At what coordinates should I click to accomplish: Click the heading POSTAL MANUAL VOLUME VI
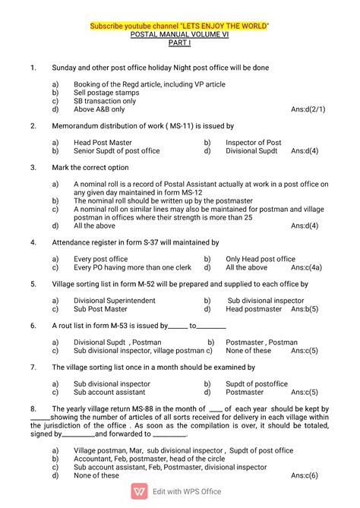(180, 35)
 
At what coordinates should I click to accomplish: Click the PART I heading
(180, 44)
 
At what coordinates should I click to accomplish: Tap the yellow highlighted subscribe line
(180, 27)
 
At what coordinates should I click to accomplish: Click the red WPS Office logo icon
(140, 493)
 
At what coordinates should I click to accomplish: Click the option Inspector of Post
(253, 143)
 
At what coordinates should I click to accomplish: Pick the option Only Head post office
(261, 259)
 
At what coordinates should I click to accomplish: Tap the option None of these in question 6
(248, 351)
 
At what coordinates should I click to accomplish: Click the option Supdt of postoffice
(257, 383)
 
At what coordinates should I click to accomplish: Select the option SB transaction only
(105, 101)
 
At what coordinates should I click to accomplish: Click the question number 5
(33, 284)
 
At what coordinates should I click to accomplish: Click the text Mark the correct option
(90, 167)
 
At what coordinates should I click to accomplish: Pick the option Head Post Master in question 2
(103, 143)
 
